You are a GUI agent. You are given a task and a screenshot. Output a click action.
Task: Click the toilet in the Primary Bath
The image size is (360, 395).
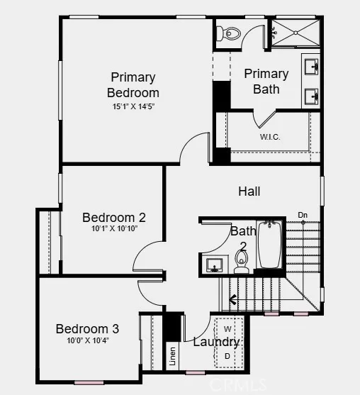[x=229, y=33]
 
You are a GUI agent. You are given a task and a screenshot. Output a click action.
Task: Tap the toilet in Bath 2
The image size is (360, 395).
[x=242, y=262]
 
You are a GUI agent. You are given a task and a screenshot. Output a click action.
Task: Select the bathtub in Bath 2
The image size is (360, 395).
[x=270, y=245]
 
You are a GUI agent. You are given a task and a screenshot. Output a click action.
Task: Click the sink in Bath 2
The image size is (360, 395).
[x=214, y=265]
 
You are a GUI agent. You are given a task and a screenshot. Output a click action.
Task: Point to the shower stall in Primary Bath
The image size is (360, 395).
[x=296, y=33]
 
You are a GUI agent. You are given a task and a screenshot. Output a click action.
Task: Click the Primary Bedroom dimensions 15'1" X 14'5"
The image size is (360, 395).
[x=133, y=106]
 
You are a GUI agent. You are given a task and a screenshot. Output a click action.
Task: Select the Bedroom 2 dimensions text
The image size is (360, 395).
[x=115, y=228]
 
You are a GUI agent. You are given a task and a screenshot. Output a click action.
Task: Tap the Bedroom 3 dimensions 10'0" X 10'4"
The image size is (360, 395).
[x=88, y=340]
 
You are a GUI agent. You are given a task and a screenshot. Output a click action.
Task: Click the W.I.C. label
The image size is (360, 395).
[x=270, y=137]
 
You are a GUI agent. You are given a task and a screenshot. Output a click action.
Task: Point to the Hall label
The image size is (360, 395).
[x=249, y=191]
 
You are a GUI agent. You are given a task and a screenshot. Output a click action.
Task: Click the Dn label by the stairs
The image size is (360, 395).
[x=303, y=215]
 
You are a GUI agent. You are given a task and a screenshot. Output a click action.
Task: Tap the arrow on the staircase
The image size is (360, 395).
[x=233, y=300]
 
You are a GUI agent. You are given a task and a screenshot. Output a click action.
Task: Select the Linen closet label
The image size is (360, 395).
[x=172, y=356]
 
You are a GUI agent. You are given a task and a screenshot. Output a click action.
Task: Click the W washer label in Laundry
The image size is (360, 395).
[x=227, y=329]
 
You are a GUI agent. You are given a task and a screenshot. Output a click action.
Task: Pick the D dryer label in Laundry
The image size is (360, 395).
[x=227, y=356]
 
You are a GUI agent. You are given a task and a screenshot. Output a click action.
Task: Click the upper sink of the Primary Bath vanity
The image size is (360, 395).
[x=312, y=67]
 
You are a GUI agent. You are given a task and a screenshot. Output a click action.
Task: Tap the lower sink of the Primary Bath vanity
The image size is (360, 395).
[x=312, y=96]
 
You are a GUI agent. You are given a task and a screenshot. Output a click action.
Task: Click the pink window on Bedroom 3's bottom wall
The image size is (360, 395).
[x=89, y=383]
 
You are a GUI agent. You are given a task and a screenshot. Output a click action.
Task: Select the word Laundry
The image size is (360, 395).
[x=216, y=342]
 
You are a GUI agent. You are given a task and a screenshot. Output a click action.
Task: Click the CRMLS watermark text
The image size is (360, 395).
[x=238, y=384]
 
